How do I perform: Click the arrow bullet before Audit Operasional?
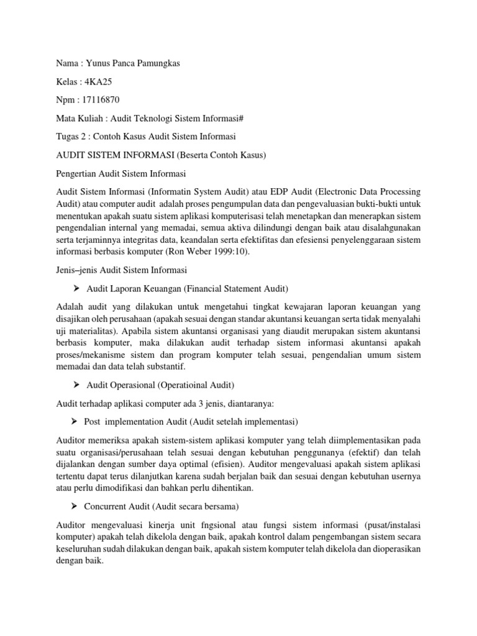tap(77, 385)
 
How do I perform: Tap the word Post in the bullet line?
tap(92, 422)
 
